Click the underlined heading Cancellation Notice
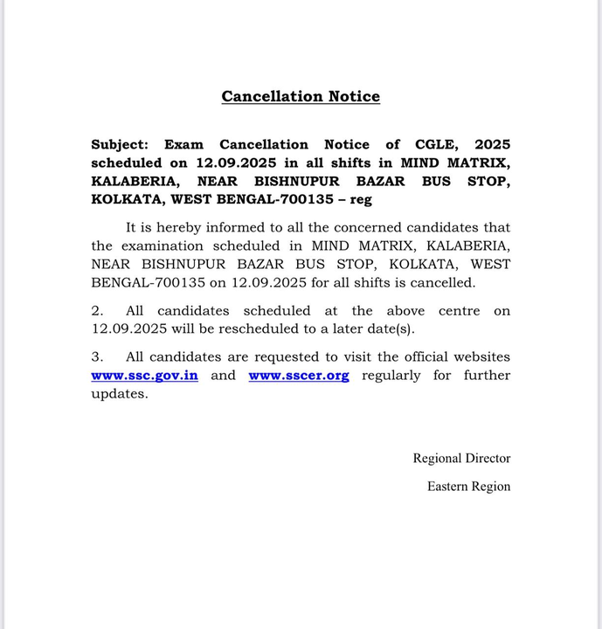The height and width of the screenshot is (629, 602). click(301, 96)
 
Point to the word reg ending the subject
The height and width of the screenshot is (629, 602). click(360, 199)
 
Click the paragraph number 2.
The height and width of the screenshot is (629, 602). click(97, 311)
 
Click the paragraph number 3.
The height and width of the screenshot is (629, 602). click(97, 356)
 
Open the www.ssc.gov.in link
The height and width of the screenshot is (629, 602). click(144, 375)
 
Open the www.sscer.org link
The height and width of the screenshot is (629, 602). click(299, 375)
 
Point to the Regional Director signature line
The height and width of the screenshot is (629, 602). click(461, 458)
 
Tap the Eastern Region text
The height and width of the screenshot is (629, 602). click(468, 486)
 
